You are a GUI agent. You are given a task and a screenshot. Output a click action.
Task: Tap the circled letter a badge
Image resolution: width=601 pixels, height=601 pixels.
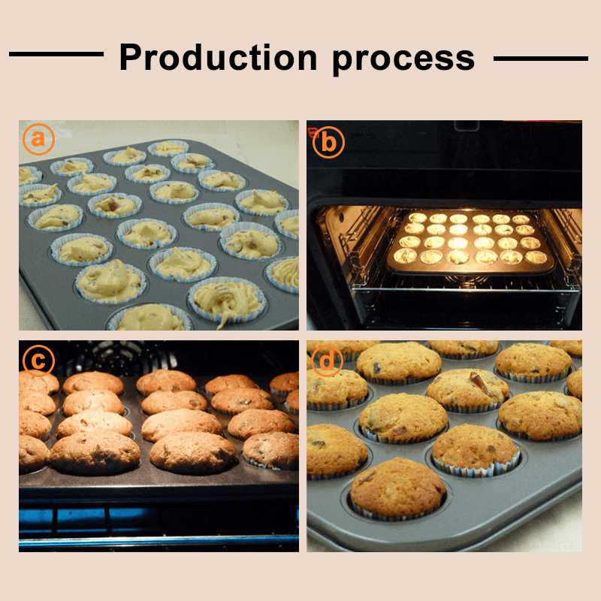[38, 139]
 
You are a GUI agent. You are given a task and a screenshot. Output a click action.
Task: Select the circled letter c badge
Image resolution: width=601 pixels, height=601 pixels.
[38, 361]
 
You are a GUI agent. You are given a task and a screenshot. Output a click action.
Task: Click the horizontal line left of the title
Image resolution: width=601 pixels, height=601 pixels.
[56, 54]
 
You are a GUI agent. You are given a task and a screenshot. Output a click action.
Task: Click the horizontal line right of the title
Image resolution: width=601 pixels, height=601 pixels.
[540, 57]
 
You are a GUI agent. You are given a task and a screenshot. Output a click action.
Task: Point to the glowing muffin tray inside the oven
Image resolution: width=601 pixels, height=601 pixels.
[465, 240]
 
